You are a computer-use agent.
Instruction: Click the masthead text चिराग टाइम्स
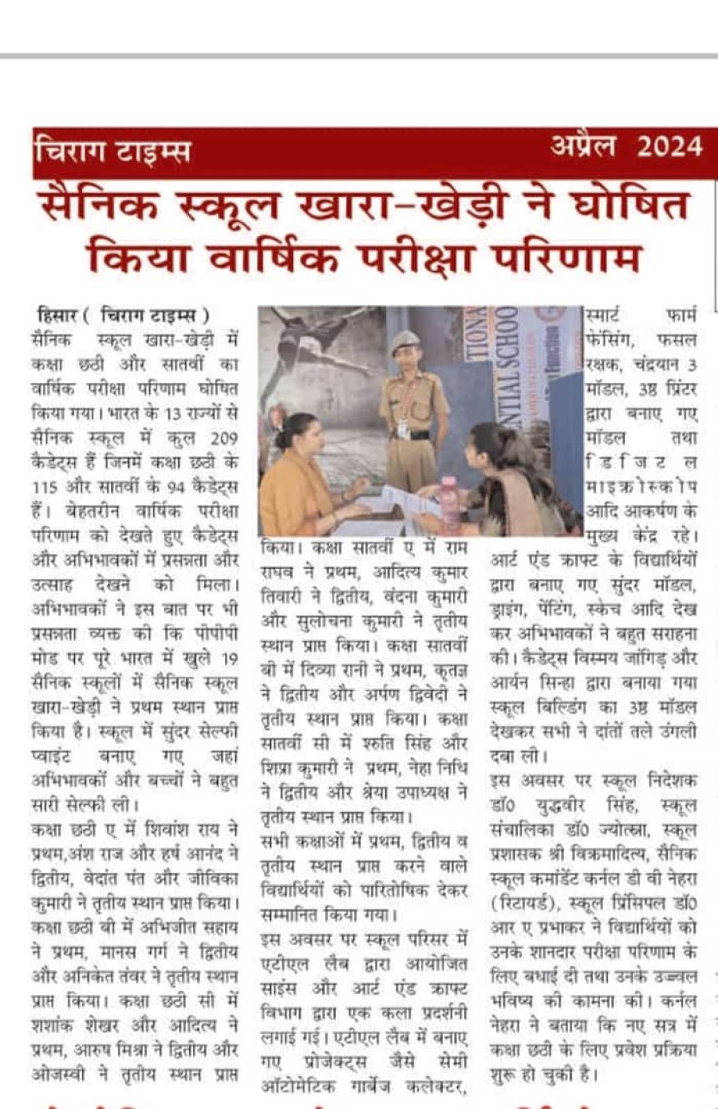112,151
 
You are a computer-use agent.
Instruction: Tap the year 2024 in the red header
669,147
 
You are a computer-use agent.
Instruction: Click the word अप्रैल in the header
583,147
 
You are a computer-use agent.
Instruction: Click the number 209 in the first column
223,437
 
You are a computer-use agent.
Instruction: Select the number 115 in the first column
45,487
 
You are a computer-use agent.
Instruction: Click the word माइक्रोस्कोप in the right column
641,487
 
